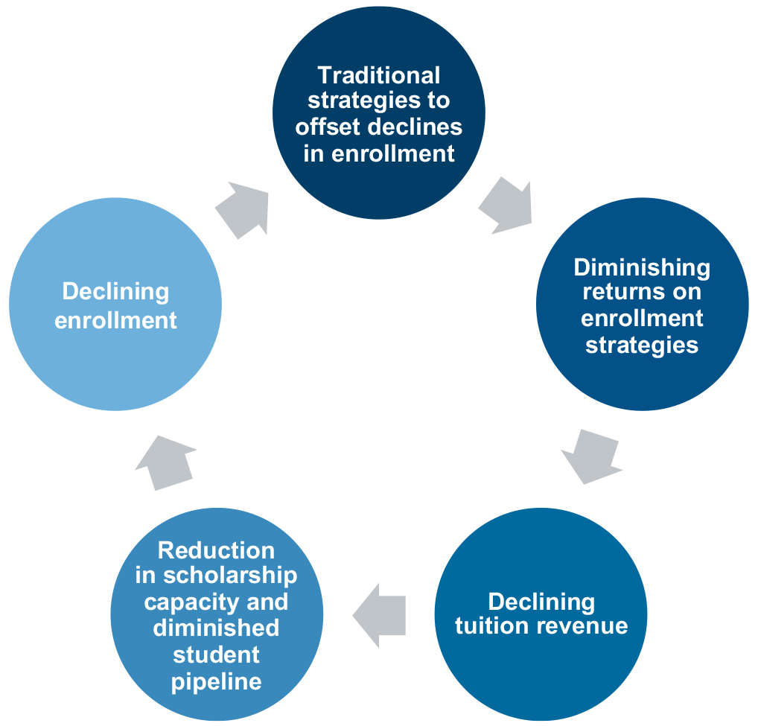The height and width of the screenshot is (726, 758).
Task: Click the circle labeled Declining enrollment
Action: pos(115,305)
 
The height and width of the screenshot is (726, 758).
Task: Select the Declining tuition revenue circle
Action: pos(541,614)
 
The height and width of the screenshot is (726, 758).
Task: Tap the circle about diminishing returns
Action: pos(642,305)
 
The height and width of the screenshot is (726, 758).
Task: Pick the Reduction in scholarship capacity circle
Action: pos(217,615)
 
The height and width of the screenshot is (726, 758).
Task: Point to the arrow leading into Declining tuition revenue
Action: pos(593,456)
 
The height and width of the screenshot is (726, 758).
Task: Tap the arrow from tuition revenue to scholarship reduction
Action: pos(380,614)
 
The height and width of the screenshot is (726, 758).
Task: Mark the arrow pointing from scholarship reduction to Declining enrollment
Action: pos(165,462)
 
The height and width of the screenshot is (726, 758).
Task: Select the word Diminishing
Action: pos(642,267)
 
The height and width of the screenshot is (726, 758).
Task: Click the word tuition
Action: pos(488,626)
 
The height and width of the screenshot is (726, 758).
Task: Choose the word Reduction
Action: pos(217,550)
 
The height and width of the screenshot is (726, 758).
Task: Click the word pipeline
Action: pos(217,681)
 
